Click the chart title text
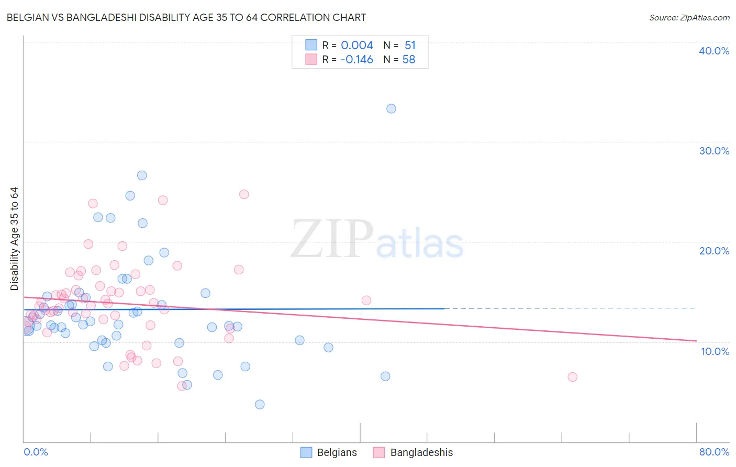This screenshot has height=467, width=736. [186, 17]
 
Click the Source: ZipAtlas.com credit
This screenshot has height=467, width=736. [689, 18]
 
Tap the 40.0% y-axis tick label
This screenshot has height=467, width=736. [713, 51]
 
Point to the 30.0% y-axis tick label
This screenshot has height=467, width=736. [713, 151]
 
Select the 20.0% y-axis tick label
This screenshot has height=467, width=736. [713, 251]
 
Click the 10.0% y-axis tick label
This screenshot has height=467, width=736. [715, 351]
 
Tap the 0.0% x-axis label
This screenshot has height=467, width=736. [36, 452]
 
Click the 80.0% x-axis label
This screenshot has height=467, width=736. [714, 452]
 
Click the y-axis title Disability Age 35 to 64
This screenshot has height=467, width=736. [14, 239]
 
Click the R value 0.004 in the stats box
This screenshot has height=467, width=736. [357, 46]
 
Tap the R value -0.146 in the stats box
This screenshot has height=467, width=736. [356, 60]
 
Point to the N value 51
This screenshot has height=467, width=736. [410, 46]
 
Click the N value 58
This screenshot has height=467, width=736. [409, 60]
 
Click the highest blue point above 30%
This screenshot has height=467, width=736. [391, 109]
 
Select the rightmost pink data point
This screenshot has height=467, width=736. [572, 377]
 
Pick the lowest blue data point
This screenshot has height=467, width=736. [260, 404]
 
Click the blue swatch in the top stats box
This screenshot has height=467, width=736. [311, 45]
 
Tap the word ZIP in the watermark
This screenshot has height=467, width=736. [332, 239]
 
